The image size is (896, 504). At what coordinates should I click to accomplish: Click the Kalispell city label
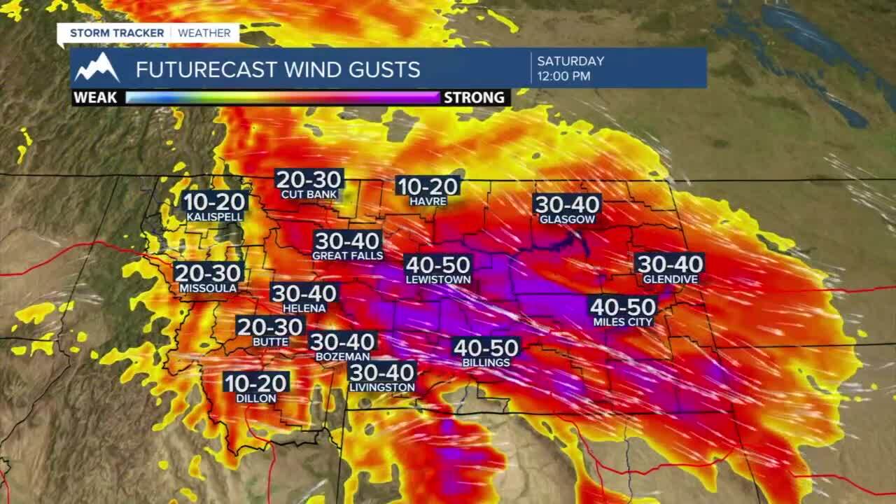[x=215, y=218]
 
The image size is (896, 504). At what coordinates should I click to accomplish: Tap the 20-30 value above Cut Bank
[x=309, y=180]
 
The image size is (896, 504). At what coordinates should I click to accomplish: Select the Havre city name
[x=428, y=202]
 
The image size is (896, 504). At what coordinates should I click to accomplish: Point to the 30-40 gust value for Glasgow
[x=567, y=204]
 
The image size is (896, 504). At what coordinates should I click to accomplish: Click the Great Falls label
[x=347, y=256]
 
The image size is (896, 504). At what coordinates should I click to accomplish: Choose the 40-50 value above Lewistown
[x=438, y=265]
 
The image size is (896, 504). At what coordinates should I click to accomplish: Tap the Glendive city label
[x=670, y=279]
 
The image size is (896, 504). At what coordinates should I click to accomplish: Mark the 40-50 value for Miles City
[x=623, y=307]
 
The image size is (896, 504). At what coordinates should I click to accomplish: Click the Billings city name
[x=486, y=363]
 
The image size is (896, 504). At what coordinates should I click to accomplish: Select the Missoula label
[x=208, y=288]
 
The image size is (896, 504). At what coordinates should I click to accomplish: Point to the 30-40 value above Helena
[x=304, y=293]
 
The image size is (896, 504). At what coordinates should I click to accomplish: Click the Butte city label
[x=270, y=342]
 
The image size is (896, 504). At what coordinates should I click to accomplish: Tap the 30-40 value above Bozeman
[x=343, y=342]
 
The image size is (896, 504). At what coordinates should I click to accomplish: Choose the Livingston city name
[x=382, y=387]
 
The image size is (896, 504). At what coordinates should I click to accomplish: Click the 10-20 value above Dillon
[x=256, y=383]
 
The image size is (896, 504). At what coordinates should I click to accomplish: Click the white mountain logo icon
[x=97, y=68]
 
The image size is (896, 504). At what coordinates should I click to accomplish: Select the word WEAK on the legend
[x=96, y=97]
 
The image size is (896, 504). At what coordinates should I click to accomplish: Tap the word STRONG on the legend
[x=474, y=97]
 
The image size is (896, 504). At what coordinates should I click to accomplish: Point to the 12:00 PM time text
[x=563, y=76]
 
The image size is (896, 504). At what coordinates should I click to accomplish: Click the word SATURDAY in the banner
[x=570, y=61]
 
